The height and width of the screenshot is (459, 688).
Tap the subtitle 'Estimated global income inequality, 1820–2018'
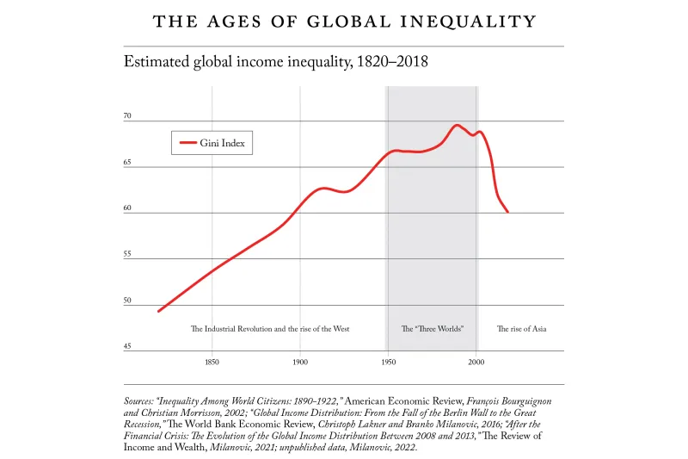coord(276,62)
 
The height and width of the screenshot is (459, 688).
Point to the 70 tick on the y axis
coord(127,115)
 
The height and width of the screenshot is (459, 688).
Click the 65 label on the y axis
coord(127,162)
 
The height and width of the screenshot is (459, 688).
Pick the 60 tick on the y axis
coord(127,208)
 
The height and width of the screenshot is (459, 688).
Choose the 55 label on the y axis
coord(127,255)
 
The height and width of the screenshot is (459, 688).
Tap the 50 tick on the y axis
coord(127,301)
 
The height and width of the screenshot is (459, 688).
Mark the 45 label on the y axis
coord(127,347)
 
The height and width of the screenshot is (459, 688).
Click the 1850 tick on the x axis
coord(212,363)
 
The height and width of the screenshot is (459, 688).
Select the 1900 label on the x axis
coord(300,363)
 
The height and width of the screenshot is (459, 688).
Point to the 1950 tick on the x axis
coord(388,363)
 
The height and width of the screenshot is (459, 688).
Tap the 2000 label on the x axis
coord(476,363)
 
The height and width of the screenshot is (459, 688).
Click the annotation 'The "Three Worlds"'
coord(433,329)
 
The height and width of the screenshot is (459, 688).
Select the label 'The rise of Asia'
coord(522,329)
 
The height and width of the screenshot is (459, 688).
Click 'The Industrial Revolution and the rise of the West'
coord(269,329)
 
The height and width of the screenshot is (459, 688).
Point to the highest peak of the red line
coord(458,125)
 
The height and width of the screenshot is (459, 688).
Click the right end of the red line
coord(507,211)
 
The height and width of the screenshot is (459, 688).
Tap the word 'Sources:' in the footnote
coord(143,401)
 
